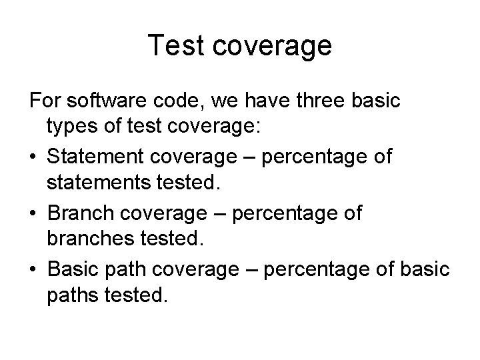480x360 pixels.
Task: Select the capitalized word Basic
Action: pyautogui.click(x=76, y=270)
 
